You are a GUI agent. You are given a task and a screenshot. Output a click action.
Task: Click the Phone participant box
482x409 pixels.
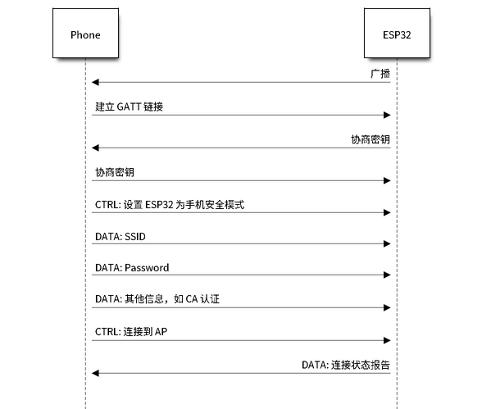pos(85,33)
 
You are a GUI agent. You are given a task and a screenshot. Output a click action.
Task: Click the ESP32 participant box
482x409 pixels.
pos(397,33)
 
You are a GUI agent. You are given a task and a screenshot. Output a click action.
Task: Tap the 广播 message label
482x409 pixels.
pos(380,74)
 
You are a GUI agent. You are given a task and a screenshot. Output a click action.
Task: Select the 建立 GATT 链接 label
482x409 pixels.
pos(130,107)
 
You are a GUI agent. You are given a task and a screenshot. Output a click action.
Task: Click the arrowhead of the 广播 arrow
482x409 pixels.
pos(95,82)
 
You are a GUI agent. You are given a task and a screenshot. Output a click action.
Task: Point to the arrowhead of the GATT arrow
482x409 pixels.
pos(387,116)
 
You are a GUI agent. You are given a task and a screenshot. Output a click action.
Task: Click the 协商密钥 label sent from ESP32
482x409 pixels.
pos(371,139)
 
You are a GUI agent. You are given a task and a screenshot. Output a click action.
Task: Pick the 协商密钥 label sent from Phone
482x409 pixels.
pos(115,172)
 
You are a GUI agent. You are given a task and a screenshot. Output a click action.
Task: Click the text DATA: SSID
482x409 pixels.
pos(120,237)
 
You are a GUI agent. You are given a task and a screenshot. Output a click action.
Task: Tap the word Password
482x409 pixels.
pos(147,268)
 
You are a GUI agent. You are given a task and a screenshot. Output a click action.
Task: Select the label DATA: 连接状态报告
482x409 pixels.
pos(346,365)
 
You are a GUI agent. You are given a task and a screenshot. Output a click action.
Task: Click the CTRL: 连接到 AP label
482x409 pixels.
pos(131,332)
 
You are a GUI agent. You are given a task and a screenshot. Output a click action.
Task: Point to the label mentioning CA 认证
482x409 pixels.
pos(157,299)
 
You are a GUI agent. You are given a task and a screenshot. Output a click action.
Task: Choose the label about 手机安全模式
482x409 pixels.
pos(170,205)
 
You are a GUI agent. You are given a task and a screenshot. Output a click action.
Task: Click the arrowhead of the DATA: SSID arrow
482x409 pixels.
pos(387,244)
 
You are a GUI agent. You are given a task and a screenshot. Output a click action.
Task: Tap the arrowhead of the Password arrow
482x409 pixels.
pos(387,275)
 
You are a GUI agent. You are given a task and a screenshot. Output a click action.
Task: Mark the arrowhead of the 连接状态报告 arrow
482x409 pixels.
pos(95,374)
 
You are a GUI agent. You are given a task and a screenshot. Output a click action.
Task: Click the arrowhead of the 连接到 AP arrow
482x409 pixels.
pos(387,340)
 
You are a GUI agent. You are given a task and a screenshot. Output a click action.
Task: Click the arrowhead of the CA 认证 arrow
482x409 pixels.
pos(387,307)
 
